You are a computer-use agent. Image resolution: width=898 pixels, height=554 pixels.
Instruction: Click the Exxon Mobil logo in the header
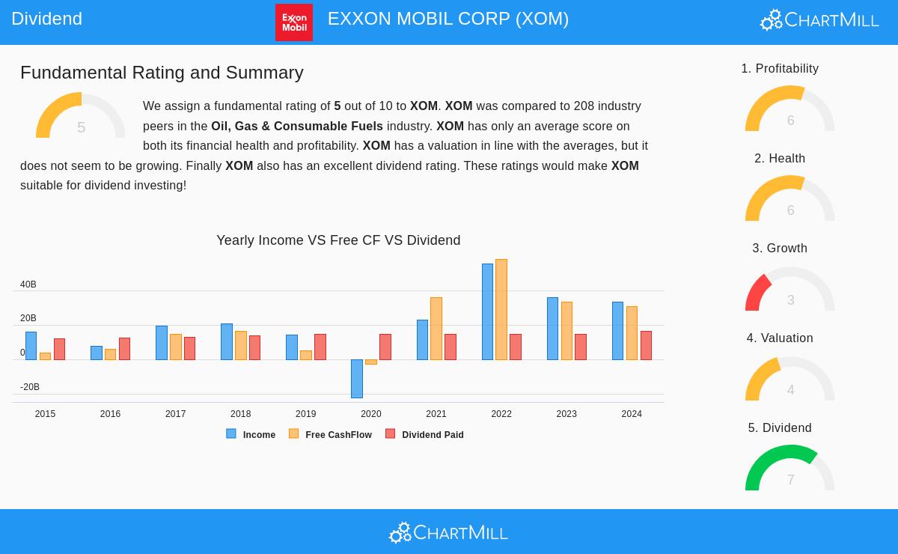pos(293,22)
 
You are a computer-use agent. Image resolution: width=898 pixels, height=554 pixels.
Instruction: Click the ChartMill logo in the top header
pos(819,20)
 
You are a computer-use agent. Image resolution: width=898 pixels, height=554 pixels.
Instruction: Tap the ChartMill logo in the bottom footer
pos(448,532)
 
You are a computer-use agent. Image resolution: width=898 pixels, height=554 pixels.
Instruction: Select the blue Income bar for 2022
pos(487,311)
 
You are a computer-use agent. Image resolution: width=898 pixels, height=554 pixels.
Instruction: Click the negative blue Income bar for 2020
pos(357,378)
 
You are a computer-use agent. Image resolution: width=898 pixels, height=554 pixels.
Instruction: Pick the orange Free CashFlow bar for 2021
pos(436,329)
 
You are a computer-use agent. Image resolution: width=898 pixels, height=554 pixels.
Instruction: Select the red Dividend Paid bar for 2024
pos(646,345)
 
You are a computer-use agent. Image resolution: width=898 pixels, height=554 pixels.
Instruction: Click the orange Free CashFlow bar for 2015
pos(45,356)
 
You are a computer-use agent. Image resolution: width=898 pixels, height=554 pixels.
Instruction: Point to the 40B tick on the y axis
pos(28,284)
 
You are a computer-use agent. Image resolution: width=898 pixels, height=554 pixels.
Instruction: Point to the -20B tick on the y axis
pos(30,387)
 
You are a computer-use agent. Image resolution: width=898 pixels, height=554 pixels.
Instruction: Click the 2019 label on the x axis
pos(305,414)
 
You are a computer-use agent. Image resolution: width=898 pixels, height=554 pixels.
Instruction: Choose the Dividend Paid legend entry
pos(425,435)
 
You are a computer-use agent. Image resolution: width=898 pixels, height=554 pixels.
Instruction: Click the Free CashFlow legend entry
pos(331,435)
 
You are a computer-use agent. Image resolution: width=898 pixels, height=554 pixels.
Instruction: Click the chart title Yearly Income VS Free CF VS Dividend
pos(338,240)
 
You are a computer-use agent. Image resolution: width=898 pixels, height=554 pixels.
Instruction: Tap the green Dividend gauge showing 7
pos(789,468)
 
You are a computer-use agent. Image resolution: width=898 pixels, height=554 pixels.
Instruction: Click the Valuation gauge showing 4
pos(789,378)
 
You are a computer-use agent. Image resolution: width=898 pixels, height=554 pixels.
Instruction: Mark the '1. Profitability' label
pos(780,69)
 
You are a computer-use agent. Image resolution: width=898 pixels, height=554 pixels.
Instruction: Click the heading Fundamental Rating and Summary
pos(162,73)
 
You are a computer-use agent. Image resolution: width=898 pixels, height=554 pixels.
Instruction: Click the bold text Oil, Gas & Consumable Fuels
pos(297,127)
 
